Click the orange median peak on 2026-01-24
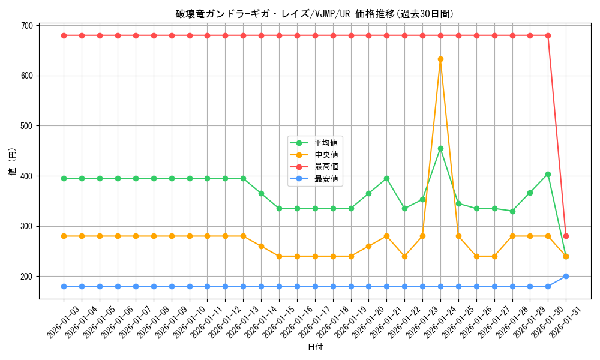pyautogui.click(x=440, y=59)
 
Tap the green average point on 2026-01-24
pyautogui.click(x=440, y=148)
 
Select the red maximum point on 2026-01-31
pyautogui.click(x=566, y=236)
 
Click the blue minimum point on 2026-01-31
pyautogui.click(x=566, y=276)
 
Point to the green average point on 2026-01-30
pyautogui.click(x=548, y=174)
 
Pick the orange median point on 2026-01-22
pyautogui.click(x=404, y=256)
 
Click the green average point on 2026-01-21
pyautogui.click(x=386, y=178)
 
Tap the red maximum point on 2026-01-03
pyautogui.click(x=64, y=35)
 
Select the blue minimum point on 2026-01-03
pyautogui.click(x=64, y=286)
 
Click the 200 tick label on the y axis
pyautogui.click(x=27, y=277)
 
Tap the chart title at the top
pyautogui.click(x=315, y=14)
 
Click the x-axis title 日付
pyautogui.click(x=315, y=347)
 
